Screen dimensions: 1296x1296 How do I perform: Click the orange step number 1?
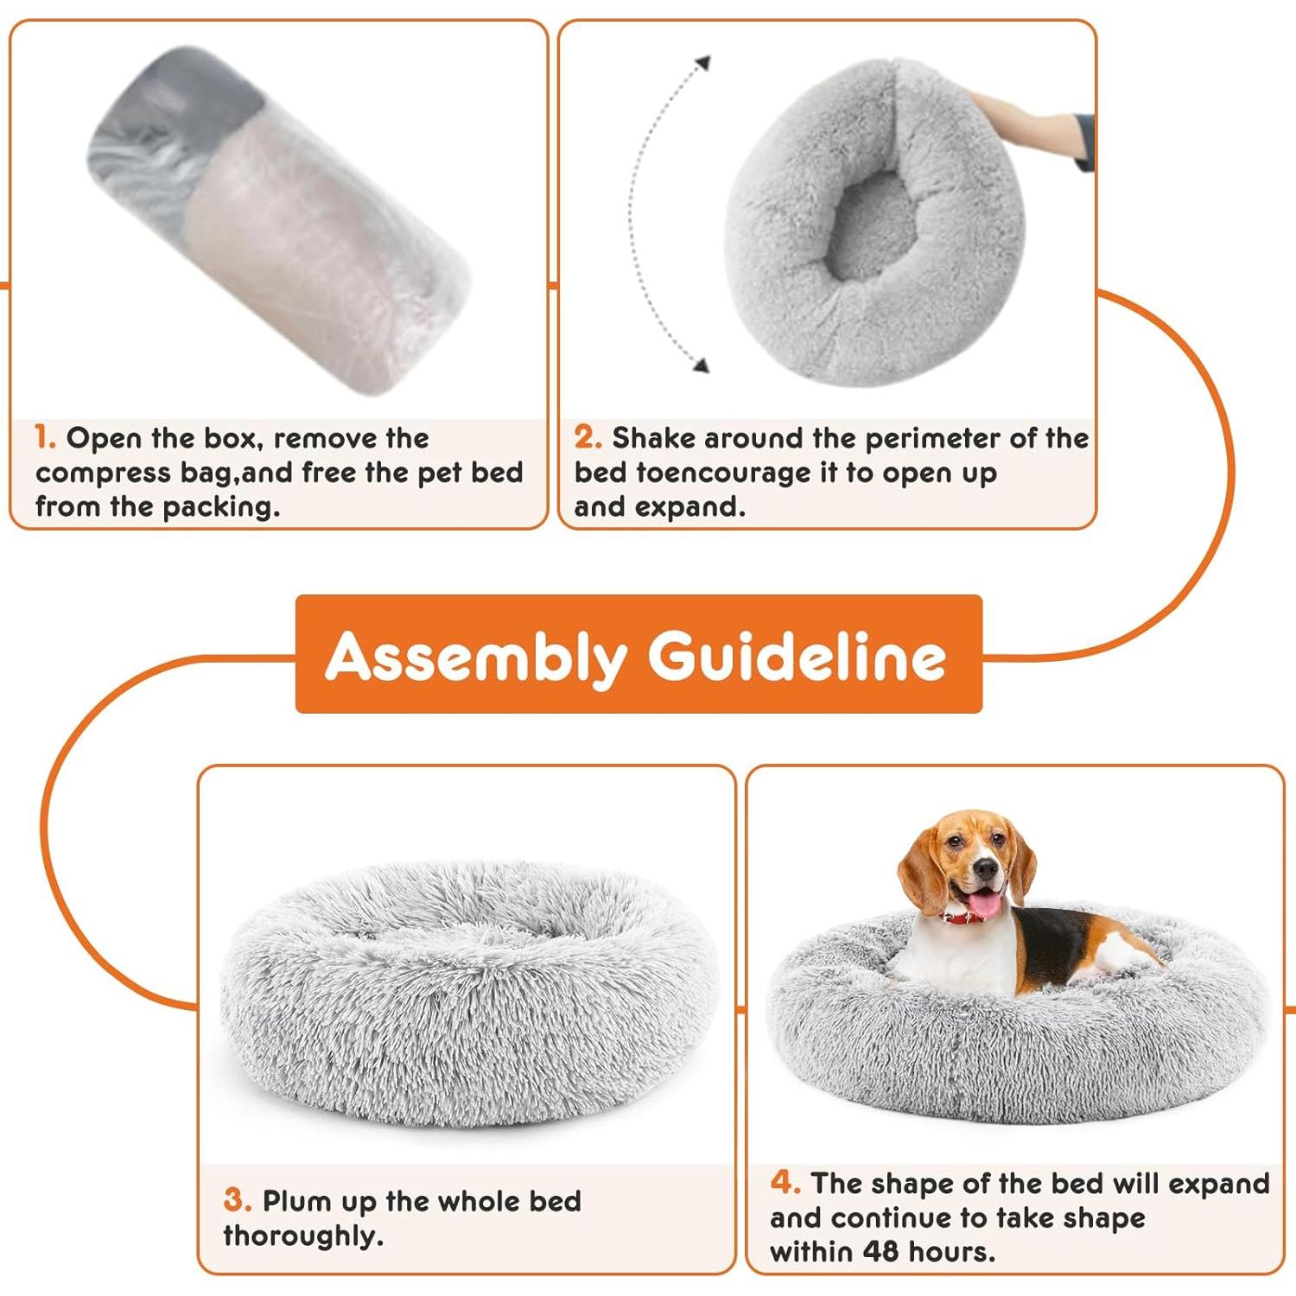coord(44,437)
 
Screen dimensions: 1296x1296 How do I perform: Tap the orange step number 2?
coord(587,437)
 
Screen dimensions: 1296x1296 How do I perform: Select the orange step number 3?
coord(236,1200)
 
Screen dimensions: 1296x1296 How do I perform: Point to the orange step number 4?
coord(784,1182)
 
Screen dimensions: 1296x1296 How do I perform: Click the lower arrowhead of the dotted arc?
coord(702,365)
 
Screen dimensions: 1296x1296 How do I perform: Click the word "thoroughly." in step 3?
coord(303,1236)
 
